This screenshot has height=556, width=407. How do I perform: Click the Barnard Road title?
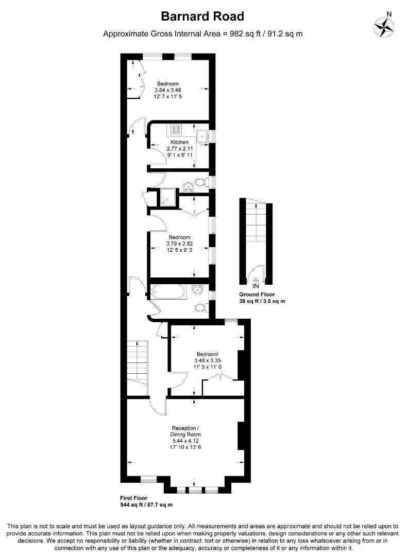coord(202,16)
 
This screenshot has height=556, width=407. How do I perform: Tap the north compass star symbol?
coord(384,27)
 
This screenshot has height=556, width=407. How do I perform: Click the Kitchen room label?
coord(180,142)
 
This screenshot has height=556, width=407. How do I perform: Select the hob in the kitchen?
coord(175,130)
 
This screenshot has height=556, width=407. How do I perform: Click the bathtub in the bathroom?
coord(168,292)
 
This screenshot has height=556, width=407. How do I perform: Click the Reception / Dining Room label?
coord(185,431)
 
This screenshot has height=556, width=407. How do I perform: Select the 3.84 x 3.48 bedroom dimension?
coord(168,90)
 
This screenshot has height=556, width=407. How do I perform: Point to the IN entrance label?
coord(256,286)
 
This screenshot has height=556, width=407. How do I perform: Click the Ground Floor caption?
coord(257,294)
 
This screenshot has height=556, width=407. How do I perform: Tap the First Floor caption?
coord(134,498)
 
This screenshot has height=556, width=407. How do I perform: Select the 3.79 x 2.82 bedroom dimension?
coord(180,244)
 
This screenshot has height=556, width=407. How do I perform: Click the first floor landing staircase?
coord(138,363)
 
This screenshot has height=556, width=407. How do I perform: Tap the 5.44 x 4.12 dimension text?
coord(185,441)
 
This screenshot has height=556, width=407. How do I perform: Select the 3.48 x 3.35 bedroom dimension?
coord(208,360)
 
